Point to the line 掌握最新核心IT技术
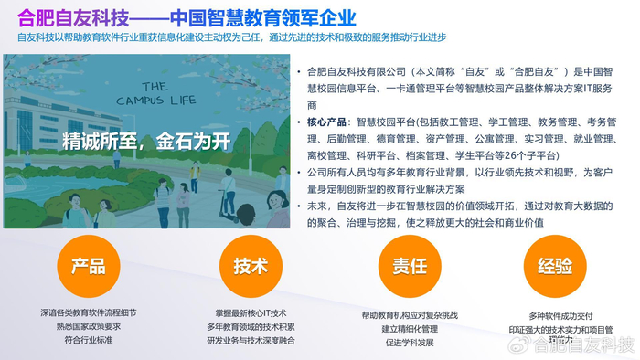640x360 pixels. [250, 312]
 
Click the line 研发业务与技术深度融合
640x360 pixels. [250, 339]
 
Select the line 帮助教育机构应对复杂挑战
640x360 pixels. [410, 315]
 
